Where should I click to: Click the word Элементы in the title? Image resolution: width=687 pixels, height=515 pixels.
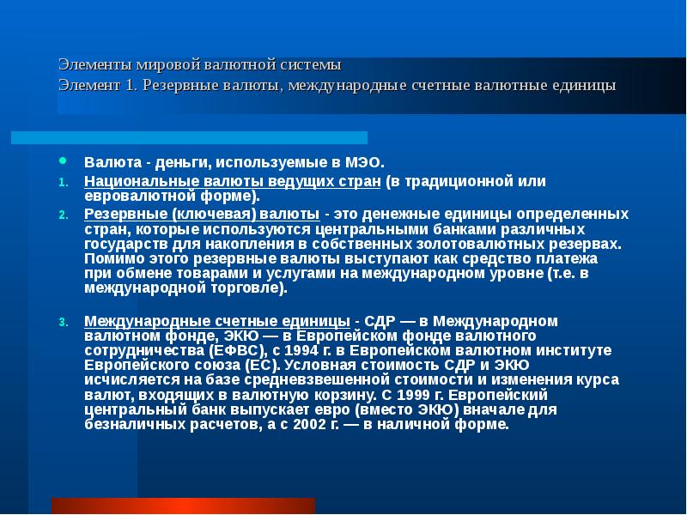tap(90, 64)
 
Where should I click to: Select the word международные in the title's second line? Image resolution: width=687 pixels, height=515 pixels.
tap(343, 86)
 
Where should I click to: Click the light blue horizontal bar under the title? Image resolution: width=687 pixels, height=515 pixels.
tap(189, 137)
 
